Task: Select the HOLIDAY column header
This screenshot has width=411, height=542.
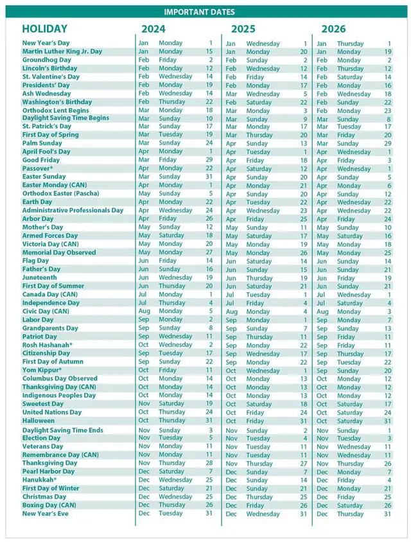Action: click(x=44, y=29)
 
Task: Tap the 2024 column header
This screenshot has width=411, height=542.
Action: click(x=153, y=29)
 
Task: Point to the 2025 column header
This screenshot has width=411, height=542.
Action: click(x=243, y=29)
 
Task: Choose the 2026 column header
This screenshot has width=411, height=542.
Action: click(x=333, y=29)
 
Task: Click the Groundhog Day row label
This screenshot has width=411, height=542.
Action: click(x=47, y=60)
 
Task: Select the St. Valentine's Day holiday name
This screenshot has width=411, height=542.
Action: click(x=51, y=76)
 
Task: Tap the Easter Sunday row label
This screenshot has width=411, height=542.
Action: click(x=44, y=177)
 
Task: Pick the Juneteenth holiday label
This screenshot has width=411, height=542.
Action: click(x=40, y=277)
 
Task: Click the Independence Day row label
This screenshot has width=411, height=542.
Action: click(x=51, y=302)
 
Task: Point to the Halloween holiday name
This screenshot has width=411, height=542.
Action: click(x=41, y=421)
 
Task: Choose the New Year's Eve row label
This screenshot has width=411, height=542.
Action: click(x=46, y=513)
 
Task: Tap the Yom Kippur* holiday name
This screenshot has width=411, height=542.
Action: click(x=42, y=370)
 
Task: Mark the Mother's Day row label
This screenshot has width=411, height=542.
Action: click(x=42, y=227)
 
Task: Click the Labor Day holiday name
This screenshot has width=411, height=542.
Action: click(x=37, y=319)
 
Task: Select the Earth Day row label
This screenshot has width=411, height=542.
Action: click(x=38, y=202)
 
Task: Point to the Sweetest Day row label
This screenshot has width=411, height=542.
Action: click(x=43, y=404)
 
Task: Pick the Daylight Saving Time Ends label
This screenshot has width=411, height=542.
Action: click(x=62, y=430)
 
